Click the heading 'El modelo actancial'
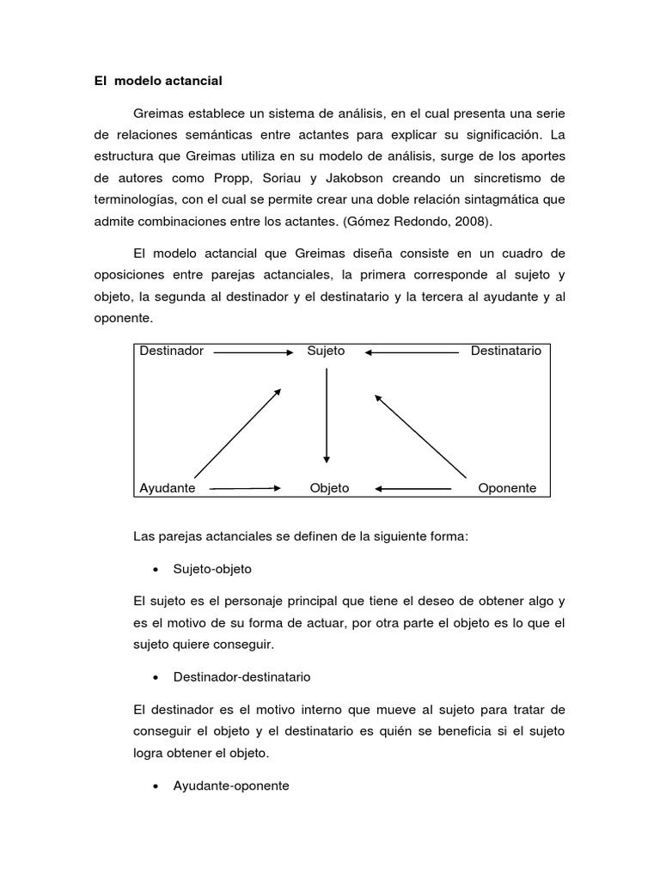(x=158, y=81)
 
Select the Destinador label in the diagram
(x=172, y=351)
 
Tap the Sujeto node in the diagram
(x=326, y=351)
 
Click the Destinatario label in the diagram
(x=506, y=351)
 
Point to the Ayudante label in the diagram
(x=168, y=488)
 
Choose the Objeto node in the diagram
(x=329, y=488)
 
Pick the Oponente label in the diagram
(x=507, y=488)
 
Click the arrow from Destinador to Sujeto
(x=254, y=351)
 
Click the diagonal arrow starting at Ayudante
(x=238, y=432)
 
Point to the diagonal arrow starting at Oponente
(x=420, y=436)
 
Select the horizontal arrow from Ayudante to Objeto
(x=245, y=488)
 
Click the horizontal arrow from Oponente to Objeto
(x=413, y=489)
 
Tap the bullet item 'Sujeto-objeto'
(x=212, y=569)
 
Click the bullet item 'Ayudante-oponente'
(x=231, y=785)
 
